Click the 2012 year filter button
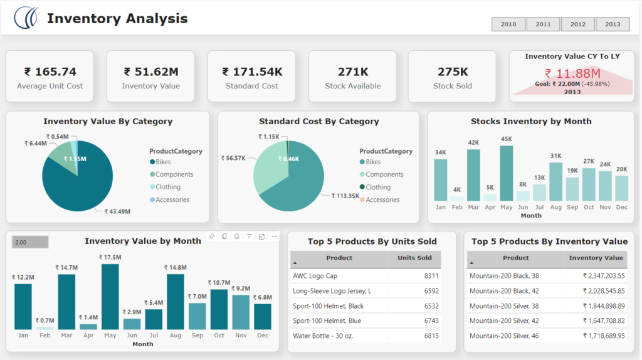578,24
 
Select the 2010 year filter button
508,24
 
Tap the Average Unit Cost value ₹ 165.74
50,72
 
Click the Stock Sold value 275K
453,72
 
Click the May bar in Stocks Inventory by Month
507,173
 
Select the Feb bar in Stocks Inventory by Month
457,198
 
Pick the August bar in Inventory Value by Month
176,301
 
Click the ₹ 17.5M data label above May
110,257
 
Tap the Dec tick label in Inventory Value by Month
263,336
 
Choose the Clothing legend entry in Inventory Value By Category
167,187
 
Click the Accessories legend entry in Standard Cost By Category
382,200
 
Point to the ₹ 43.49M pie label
117,211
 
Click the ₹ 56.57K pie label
233,158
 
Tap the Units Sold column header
414,258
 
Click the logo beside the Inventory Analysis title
26,18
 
